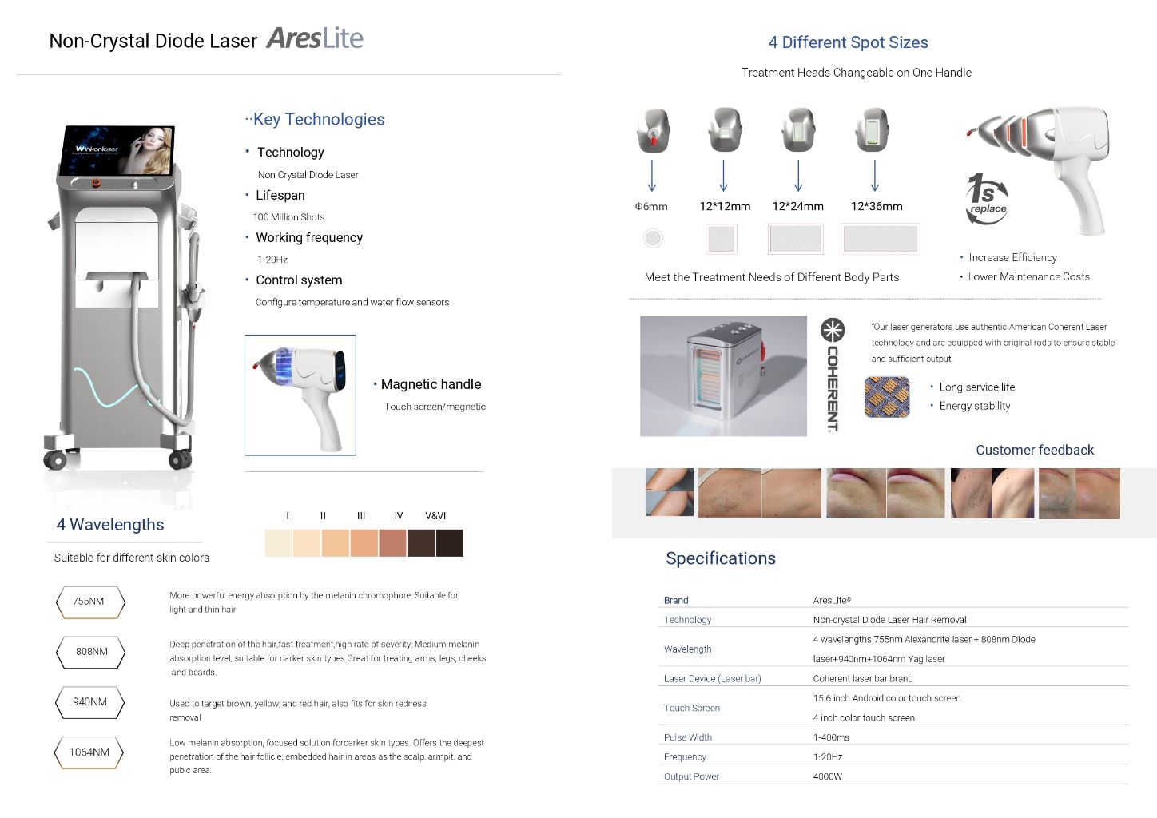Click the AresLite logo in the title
point(315,38)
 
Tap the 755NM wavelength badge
point(89,602)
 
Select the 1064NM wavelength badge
point(89,752)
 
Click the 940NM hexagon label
point(89,702)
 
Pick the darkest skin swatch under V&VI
point(449,543)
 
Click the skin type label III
point(361,516)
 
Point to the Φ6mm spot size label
point(651,207)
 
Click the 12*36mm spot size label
point(877,207)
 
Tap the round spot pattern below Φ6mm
point(653,238)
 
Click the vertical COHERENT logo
point(833,375)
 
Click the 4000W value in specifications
point(828,776)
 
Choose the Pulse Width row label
point(687,737)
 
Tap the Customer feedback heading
point(1035,451)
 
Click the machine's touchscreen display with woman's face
point(117,150)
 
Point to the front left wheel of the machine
point(55,460)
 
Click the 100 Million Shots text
point(288,217)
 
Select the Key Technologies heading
point(318,120)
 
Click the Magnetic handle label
point(431,385)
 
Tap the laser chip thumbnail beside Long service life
point(887,397)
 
